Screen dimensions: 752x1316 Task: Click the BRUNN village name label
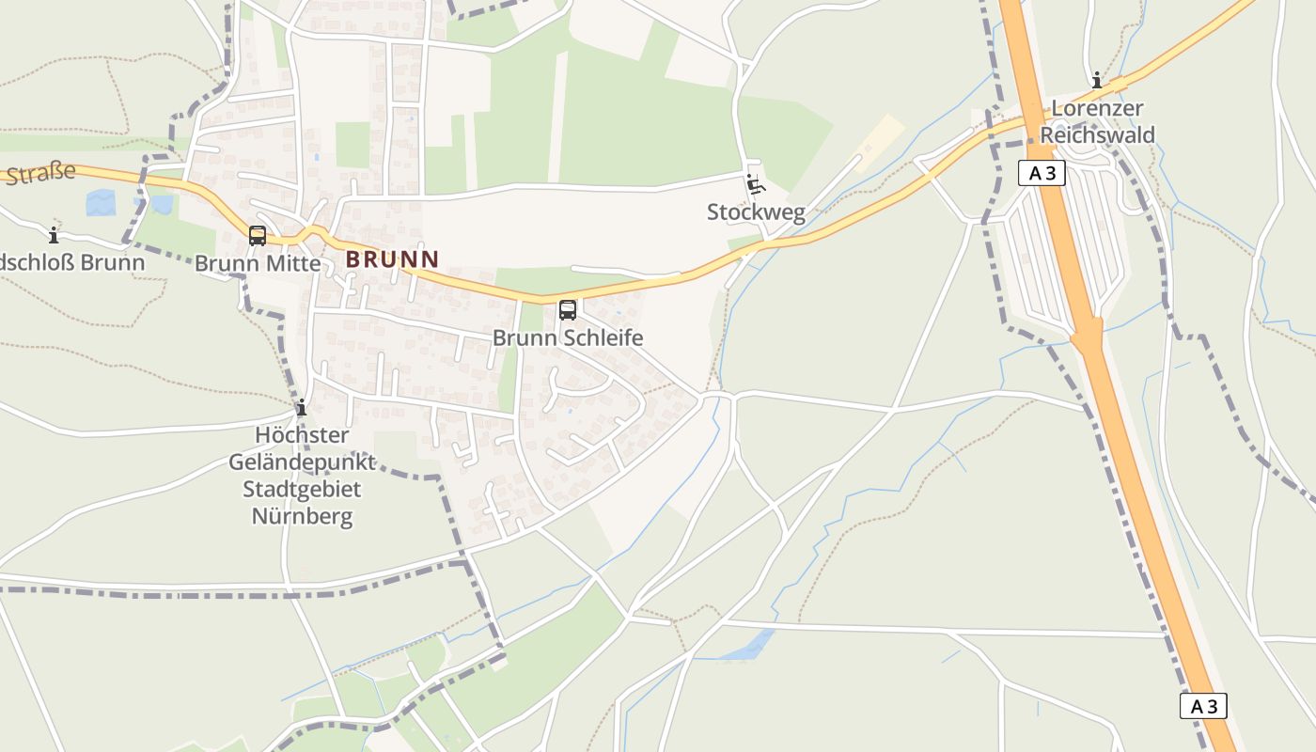point(392,258)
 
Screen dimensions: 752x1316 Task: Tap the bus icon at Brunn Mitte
point(258,235)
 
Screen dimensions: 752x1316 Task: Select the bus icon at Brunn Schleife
point(568,309)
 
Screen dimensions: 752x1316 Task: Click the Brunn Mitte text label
point(258,263)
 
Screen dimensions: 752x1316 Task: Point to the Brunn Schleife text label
point(568,337)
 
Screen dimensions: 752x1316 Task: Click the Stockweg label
point(756,212)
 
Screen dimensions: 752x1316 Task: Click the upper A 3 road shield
point(1041,173)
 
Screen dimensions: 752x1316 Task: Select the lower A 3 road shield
point(1203,706)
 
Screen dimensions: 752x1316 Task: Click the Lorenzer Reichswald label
point(1097,121)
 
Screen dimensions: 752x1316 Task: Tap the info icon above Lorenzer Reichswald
point(1097,80)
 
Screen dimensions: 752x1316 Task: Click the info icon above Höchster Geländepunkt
point(302,407)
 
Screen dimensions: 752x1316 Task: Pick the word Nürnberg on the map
point(302,516)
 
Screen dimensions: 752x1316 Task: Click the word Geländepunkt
point(302,462)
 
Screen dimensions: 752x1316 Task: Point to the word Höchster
point(302,435)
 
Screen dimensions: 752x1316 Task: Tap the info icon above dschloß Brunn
point(54,235)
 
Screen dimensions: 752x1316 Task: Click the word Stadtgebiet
point(302,489)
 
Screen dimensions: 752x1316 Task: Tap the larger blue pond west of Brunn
point(101,203)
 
